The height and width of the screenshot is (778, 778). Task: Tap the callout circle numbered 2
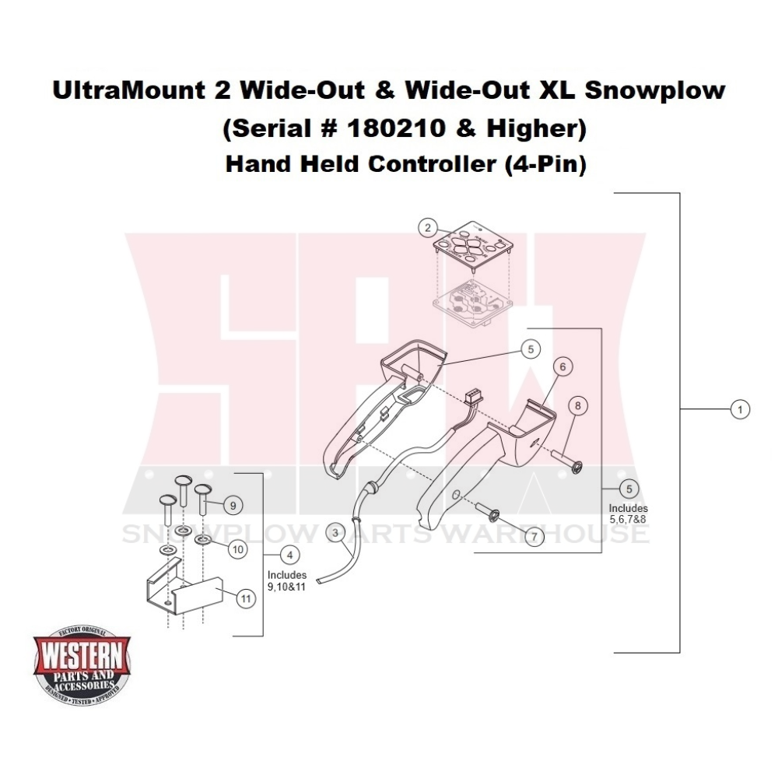[427, 228]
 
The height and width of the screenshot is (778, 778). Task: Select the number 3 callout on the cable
[335, 533]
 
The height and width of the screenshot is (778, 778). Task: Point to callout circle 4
[289, 555]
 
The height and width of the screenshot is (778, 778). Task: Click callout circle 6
[564, 365]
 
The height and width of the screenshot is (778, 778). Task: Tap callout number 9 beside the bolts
[231, 505]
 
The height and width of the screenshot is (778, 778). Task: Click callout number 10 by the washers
[238, 548]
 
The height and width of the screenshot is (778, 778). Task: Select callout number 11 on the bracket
[245, 598]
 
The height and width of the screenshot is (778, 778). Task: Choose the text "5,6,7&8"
[628, 518]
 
